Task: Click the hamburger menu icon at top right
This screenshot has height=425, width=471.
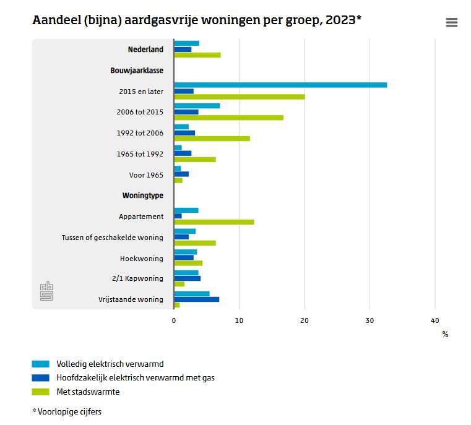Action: pyautogui.click(x=451, y=22)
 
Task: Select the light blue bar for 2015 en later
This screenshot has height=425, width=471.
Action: pyautogui.click(x=280, y=85)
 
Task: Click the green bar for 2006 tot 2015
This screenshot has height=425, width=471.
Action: pyautogui.click(x=228, y=118)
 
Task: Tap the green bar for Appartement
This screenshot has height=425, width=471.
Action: pyautogui.click(x=214, y=222)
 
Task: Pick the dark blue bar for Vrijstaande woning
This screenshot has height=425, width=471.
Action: pyautogui.click(x=196, y=299)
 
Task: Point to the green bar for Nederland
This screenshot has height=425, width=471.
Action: pyautogui.click(x=197, y=55)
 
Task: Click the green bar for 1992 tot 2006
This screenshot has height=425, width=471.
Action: pyautogui.click(x=212, y=139)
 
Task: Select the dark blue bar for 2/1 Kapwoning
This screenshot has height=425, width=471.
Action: pyautogui.click(x=187, y=278)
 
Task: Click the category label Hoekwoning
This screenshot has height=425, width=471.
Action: pyautogui.click(x=142, y=259)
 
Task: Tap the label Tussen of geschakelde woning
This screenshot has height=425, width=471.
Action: pyautogui.click(x=113, y=238)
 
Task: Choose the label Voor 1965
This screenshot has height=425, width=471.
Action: pyautogui.click(x=146, y=175)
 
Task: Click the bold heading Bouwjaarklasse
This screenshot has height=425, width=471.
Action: pyautogui.click(x=137, y=71)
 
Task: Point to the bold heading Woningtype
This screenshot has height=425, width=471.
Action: pyautogui.click(x=143, y=195)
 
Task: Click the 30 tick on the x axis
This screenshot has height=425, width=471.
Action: pyautogui.click(x=369, y=320)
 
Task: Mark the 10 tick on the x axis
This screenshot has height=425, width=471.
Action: pyautogui.click(x=239, y=320)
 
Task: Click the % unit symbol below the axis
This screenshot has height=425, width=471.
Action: pyautogui.click(x=445, y=335)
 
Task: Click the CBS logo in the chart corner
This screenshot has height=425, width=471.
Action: pyautogui.click(x=46, y=291)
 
